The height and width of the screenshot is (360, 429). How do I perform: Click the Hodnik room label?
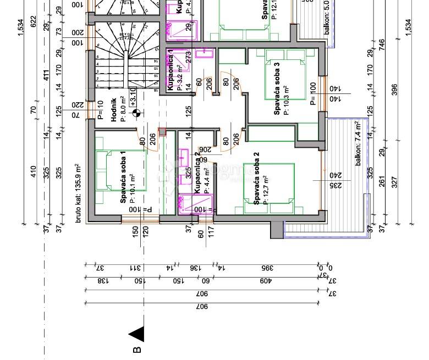114,108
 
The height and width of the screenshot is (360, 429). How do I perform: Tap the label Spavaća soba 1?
123,177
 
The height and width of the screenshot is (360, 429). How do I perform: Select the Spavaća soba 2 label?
256,182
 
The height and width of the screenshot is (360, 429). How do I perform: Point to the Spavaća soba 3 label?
277,88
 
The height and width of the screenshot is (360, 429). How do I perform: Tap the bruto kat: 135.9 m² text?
78,192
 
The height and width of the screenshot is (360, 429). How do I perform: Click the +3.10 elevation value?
133,96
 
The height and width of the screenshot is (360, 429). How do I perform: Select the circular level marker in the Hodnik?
136,114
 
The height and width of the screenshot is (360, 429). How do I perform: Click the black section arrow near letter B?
136,334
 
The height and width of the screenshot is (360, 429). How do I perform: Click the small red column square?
162,132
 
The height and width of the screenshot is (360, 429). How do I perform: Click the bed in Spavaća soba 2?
269,190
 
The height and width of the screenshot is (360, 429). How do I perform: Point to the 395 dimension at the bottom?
267,268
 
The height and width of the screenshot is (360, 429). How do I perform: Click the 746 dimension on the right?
382,43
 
